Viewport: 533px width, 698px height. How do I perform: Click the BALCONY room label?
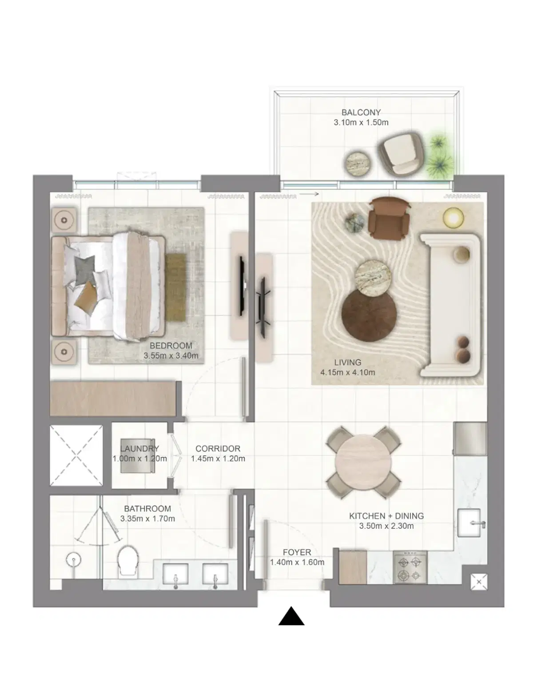click(x=361, y=112)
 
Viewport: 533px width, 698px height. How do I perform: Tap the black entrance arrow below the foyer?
click(x=291, y=617)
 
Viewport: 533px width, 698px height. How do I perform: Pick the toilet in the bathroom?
click(x=128, y=561)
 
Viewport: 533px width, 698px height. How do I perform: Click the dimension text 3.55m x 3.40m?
click(x=171, y=355)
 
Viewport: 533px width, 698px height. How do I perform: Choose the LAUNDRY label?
click(x=139, y=449)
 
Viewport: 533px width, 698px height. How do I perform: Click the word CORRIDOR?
click(x=218, y=449)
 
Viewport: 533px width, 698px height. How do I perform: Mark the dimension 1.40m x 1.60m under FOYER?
click(x=297, y=562)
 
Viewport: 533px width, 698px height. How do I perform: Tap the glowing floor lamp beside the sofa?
click(x=453, y=217)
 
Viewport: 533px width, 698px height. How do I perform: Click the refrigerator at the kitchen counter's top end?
click(x=470, y=439)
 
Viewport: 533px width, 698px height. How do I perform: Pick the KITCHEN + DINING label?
click(x=386, y=516)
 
